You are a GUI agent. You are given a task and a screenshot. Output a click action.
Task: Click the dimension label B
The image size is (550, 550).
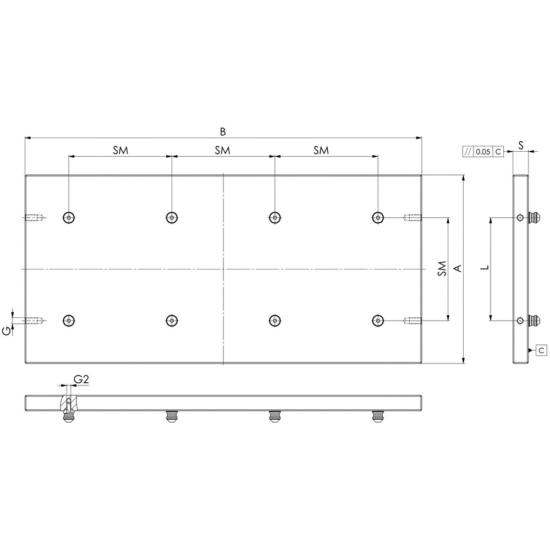[223, 131]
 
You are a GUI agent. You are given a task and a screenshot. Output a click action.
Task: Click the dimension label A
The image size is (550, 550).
[458, 268]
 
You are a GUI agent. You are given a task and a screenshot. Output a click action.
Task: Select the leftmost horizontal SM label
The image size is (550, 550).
[120, 151]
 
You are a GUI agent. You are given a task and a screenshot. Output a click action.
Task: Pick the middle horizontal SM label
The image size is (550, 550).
[222, 151]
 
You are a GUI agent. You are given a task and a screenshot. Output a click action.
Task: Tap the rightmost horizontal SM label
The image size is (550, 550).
[321, 151]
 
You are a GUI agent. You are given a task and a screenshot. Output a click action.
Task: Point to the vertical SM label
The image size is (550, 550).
[442, 268]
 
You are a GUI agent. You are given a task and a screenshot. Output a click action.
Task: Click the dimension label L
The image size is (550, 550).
[485, 267]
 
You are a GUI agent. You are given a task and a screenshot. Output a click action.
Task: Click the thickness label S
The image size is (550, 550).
[521, 145]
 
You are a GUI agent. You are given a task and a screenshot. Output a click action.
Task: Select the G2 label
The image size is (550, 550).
[81, 379]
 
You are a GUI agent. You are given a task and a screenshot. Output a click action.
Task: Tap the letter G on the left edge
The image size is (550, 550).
[6, 331]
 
